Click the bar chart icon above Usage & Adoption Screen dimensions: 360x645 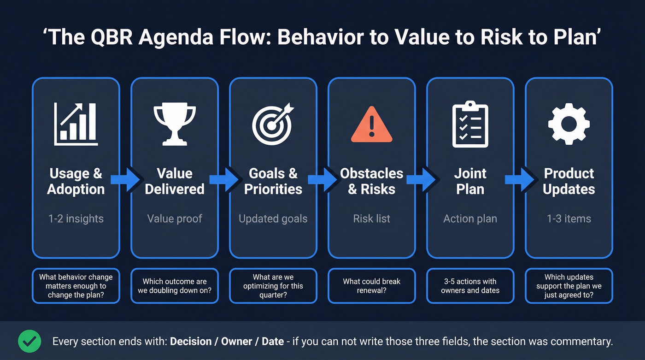point(76,124)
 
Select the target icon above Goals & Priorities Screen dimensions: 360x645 point(273,124)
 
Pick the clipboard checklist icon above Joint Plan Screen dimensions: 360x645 point(470,124)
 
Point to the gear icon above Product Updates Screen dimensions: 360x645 point(569,124)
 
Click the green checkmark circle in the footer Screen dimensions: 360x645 point(29,341)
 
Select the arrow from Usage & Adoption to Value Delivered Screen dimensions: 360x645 point(125,180)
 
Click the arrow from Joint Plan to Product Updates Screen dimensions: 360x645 point(520,180)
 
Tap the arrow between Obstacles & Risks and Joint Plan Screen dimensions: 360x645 point(421,180)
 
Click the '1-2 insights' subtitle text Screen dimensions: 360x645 point(76,218)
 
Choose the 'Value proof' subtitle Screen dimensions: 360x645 point(175,218)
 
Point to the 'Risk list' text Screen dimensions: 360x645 point(371,218)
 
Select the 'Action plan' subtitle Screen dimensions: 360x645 point(470,218)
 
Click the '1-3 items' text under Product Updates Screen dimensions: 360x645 point(569,218)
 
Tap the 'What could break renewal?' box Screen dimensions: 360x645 point(371,286)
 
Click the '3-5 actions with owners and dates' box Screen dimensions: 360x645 point(470,286)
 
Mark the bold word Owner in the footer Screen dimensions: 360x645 point(236,342)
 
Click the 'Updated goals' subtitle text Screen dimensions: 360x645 point(273,218)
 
